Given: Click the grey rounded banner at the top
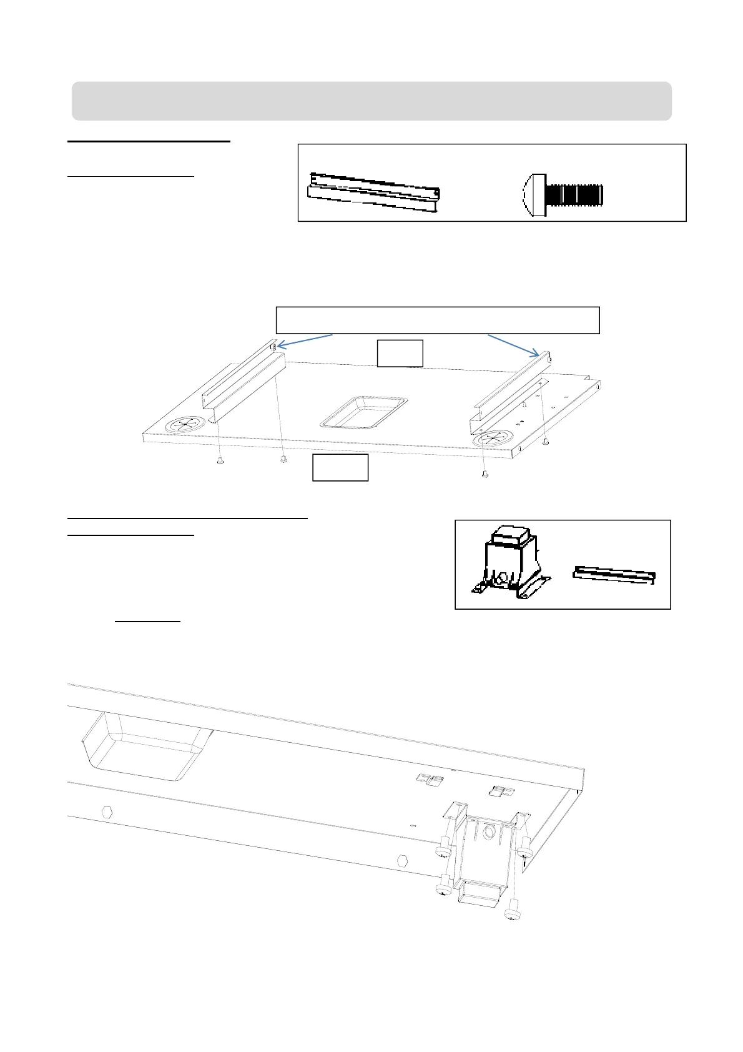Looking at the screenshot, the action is pyautogui.click(x=371, y=101).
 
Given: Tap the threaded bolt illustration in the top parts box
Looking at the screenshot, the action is pyautogui.click(x=563, y=196).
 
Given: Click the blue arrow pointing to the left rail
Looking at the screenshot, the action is pyautogui.click(x=305, y=340).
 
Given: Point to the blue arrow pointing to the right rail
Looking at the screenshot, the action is pyautogui.click(x=513, y=345).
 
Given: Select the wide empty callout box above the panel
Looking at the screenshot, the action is pyautogui.click(x=438, y=320).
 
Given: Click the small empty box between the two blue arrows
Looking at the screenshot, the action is pyautogui.click(x=400, y=354).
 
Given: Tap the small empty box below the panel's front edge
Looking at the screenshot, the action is pyautogui.click(x=340, y=468).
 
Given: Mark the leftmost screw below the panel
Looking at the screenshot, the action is pyautogui.click(x=220, y=462).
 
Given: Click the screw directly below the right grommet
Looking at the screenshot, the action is pyautogui.click(x=485, y=475).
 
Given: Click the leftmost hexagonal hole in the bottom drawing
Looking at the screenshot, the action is pyautogui.click(x=107, y=812).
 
